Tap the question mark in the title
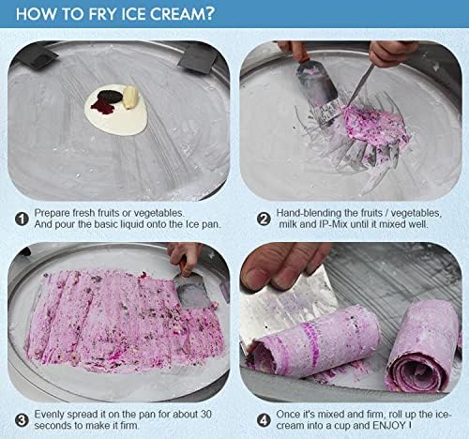click(210, 14)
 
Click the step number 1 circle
click(22, 219)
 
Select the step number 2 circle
click(264, 219)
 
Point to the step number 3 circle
click(22, 420)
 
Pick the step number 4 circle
click(264, 420)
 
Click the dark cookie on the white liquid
click(110, 96)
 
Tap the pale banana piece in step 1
click(130, 97)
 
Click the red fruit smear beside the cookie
click(102, 107)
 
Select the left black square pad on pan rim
click(36, 56)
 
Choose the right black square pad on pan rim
click(198, 58)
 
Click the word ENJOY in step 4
click(388, 426)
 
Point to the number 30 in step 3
click(206, 415)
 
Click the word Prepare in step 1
click(52, 213)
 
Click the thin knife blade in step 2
click(361, 84)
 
